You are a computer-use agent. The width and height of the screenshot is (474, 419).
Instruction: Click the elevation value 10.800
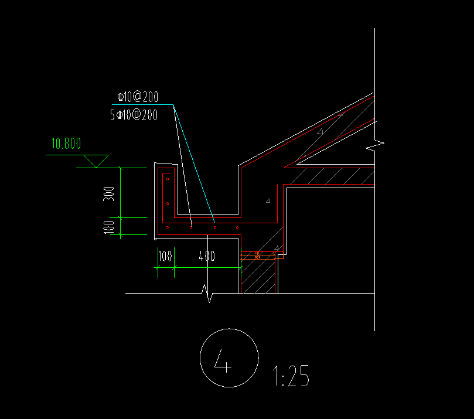[x=66, y=144]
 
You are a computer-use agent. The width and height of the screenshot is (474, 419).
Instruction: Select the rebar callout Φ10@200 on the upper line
[x=138, y=97]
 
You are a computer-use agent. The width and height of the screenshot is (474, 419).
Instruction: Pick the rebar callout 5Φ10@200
[x=134, y=115]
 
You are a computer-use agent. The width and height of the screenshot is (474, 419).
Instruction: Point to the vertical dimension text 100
[x=109, y=226]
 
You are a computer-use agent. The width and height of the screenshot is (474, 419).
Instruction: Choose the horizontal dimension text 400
[x=206, y=256]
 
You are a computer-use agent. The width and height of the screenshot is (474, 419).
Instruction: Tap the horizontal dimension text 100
[x=165, y=256]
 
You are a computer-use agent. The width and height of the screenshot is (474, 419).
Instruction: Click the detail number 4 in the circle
[x=224, y=361]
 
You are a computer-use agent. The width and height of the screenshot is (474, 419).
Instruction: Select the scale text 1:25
[x=291, y=376]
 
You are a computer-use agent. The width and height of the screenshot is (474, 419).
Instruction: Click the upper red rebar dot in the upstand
[x=167, y=179]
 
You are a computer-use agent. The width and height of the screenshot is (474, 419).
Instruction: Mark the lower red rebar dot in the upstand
[x=167, y=203]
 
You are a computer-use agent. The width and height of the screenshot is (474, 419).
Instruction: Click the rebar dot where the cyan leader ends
[x=214, y=227]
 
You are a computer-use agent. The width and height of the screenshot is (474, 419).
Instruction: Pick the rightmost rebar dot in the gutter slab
[x=237, y=227]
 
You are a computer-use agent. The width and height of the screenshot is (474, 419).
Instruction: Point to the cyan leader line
[x=193, y=164]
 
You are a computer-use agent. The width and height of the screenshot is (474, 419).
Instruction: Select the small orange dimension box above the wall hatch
[x=258, y=256]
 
